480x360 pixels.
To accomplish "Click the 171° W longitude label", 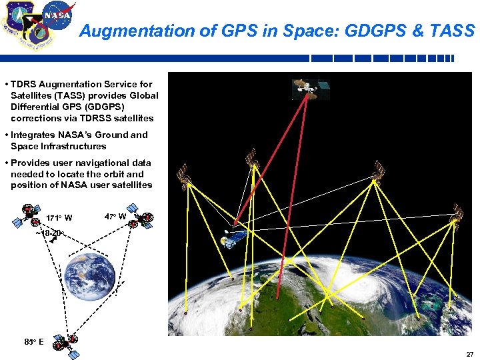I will tap(59, 218).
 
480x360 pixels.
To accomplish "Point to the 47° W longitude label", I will tap(116, 216).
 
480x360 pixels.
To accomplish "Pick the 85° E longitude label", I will tap(34, 342).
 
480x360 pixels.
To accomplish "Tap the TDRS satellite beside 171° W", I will tap(29, 213).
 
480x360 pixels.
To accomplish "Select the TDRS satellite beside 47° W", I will tap(143, 219).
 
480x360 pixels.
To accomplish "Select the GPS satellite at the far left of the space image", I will tap(183, 175).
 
